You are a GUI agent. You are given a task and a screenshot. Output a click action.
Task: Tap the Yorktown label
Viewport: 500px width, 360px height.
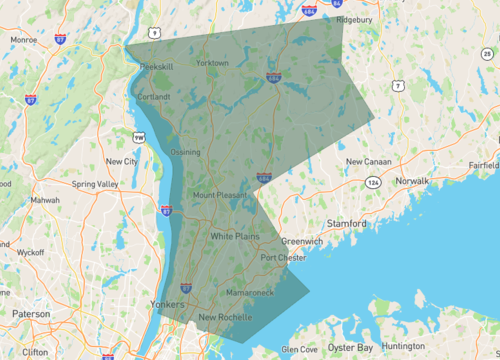point(212,62)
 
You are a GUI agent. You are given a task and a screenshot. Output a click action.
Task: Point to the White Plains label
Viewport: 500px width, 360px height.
point(235,236)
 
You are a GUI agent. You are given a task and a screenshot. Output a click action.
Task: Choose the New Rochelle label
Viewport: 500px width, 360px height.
point(226,318)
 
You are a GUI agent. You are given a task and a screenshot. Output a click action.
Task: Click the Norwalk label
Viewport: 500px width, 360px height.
point(411,180)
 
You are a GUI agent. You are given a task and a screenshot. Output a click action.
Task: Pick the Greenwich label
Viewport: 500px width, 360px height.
point(302,241)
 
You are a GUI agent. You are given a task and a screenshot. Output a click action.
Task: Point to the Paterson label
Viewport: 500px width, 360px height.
point(31,313)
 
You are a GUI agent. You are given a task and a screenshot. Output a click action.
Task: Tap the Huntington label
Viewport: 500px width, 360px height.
point(404,346)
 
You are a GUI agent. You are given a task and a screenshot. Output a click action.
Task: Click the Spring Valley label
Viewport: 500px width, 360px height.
point(96,184)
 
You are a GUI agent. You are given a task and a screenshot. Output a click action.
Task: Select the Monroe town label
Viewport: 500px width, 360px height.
point(23,40)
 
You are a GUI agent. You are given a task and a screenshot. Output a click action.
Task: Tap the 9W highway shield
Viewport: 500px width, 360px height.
point(139,137)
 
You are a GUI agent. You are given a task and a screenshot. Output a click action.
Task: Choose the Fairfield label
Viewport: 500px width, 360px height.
point(483,163)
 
